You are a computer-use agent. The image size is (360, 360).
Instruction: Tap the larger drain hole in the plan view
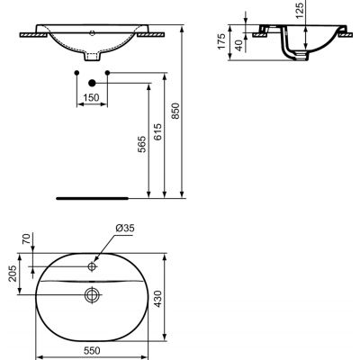(x=91, y=292)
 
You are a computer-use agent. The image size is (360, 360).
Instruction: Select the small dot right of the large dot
(x=108, y=71)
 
